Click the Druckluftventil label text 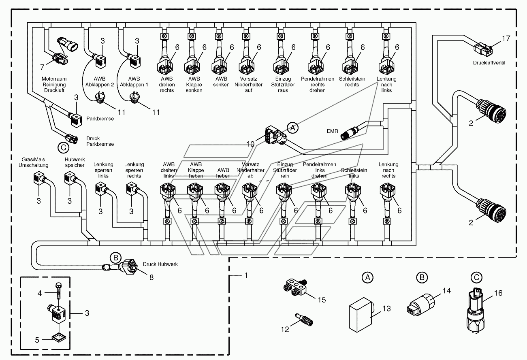489,63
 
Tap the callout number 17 506,38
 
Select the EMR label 332,131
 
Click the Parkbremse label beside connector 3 100,119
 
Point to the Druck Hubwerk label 160,264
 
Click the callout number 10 250,144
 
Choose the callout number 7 42,67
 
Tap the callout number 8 151,277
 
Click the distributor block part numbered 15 295,288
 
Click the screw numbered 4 58,291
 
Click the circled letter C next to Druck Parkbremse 63,148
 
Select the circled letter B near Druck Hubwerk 115,258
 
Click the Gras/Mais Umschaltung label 33,162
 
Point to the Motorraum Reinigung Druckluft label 54,84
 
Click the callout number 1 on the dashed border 246,275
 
